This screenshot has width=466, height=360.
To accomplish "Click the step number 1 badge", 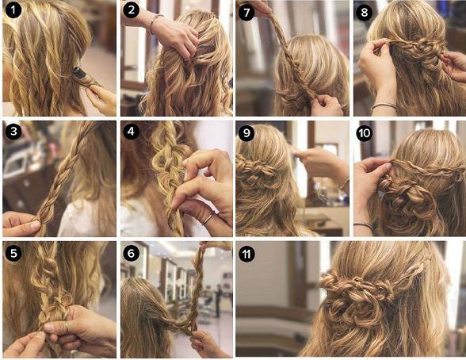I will [12, 12].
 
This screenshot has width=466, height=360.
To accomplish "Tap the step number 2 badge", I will [130, 12].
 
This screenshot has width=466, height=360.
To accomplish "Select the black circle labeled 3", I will [12, 132].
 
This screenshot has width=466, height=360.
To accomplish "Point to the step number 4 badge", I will [130, 132].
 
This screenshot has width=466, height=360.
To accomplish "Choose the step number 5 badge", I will [12, 253].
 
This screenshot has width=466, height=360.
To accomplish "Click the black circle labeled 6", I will [130, 253].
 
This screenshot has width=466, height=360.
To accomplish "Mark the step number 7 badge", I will [246, 12].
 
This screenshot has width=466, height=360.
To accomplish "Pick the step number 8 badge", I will [365, 12].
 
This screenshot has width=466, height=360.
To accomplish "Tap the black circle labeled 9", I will [246, 132].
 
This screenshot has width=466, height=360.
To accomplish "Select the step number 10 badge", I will [365, 132].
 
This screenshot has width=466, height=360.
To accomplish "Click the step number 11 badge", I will [246, 253].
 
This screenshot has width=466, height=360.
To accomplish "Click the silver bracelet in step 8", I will [384, 105].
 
